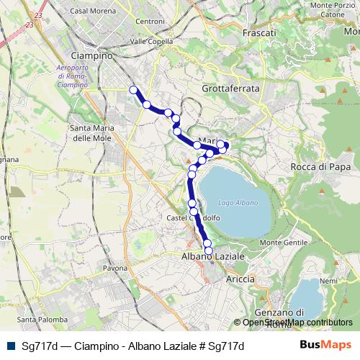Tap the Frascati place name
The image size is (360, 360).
[260, 33]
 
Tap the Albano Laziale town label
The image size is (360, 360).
[212, 256]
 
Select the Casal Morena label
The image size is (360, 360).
[89, 10]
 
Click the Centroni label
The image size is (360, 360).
[150, 22]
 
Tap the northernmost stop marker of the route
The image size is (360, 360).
[132, 89]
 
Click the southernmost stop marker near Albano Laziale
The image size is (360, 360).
[209, 251]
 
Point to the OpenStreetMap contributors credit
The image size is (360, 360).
[297, 323]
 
